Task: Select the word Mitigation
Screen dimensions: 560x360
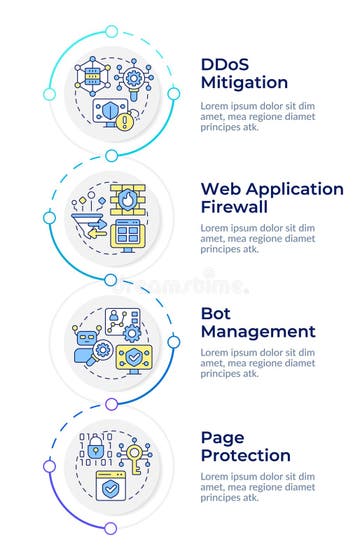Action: [x=245, y=83]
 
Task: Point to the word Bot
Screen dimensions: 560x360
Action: [x=217, y=313]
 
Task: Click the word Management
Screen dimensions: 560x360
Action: [x=258, y=331]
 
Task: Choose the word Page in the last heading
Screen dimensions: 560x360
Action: [x=222, y=437]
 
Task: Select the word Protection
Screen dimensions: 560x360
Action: [x=245, y=455]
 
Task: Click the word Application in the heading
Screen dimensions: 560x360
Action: [x=299, y=189]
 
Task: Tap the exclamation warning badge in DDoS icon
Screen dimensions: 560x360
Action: [x=124, y=122]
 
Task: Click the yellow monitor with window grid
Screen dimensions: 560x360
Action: [x=126, y=235]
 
